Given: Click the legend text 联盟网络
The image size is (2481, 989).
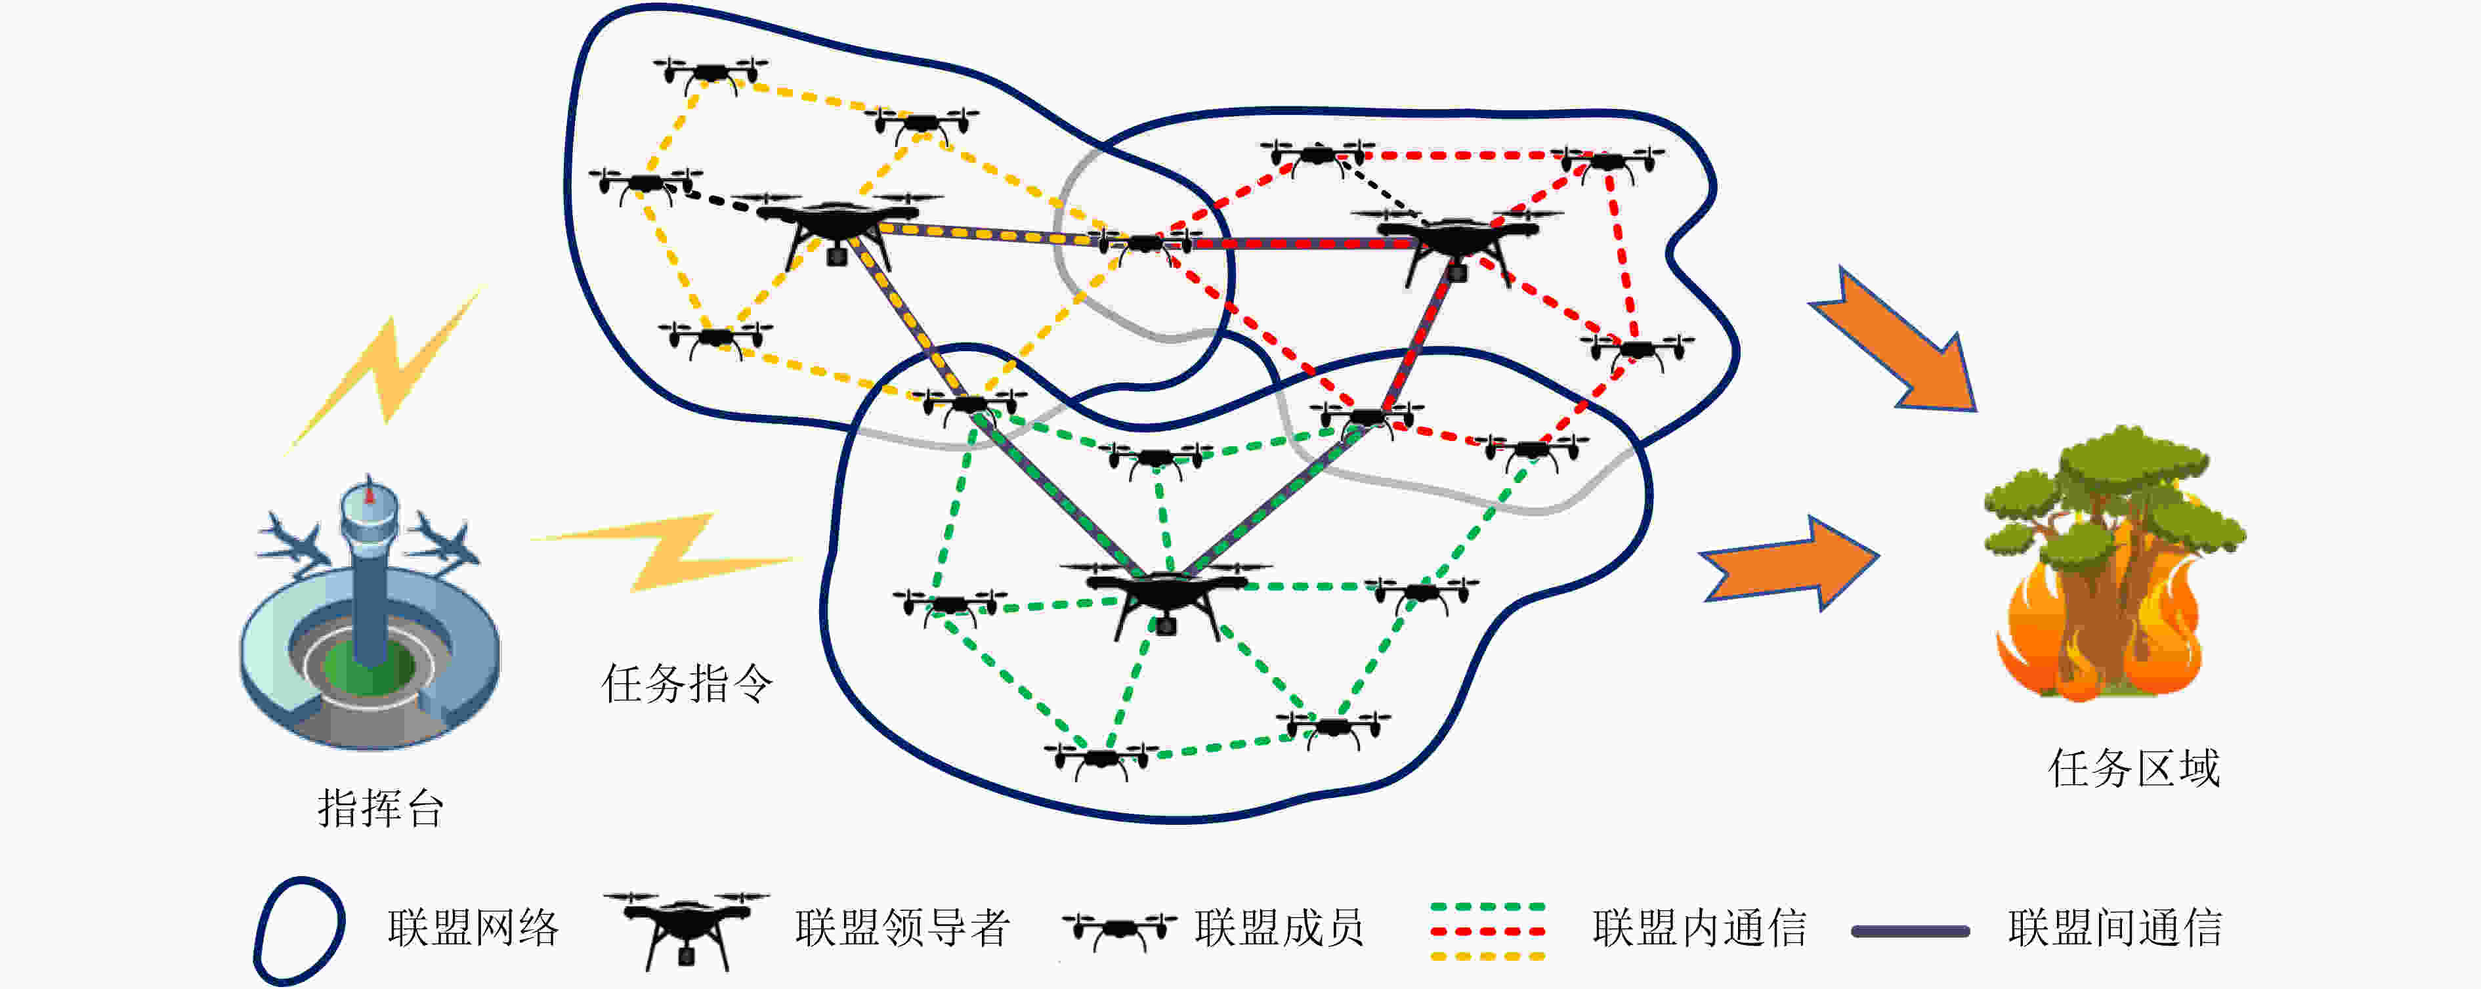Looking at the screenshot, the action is click(473, 927).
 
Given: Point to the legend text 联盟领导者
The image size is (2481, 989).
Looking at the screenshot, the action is click(902, 927).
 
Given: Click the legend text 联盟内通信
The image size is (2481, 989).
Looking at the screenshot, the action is click(1699, 927).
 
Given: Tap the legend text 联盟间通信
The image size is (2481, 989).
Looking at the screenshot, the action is click(2115, 927).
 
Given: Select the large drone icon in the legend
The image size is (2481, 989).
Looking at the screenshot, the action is click(686, 929).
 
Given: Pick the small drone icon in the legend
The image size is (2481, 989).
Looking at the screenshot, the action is click(1119, 930).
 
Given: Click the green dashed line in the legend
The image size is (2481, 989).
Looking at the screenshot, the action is click(1488, 907).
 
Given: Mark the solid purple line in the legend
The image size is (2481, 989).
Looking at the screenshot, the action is click(1911, 931).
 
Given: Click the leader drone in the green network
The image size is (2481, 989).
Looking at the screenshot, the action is click(1166, 597).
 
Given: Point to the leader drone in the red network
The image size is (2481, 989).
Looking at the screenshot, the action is click(1456, 243).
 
